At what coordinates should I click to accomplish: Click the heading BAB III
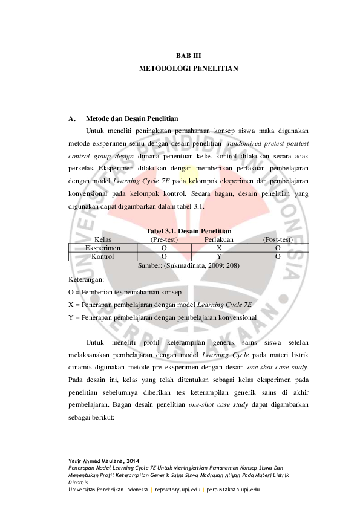[188, 56]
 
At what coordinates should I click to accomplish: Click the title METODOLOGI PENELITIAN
[188, 68]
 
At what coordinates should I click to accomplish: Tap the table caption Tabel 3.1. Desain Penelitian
[188, 231]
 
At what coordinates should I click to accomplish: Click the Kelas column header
[103, 239]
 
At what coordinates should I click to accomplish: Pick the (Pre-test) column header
[164, 239]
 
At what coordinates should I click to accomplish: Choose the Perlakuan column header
[220, 239]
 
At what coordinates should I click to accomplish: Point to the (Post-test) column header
[278, 239]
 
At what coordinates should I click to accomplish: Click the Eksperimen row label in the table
[103, 248]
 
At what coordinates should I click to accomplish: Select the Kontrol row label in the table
[103, 256]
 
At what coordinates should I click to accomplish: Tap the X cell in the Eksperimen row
[219, 248]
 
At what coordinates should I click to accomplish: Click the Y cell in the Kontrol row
[219, 256]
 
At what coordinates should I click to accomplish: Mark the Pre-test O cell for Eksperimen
[164, 248]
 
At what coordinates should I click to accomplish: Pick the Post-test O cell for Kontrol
[277, 256]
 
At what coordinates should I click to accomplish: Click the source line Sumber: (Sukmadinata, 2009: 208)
[188, 265]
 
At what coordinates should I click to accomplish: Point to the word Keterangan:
[86, 279]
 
